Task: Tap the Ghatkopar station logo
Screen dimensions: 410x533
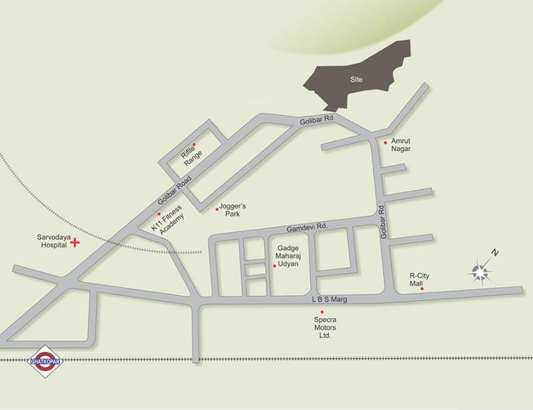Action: (45, 362)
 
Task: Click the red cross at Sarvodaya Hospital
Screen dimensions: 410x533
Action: (75, 243)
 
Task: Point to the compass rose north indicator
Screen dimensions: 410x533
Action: (480, 273)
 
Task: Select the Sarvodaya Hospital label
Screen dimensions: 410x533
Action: (52, 241)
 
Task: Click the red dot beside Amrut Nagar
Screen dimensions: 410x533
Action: (385, 143)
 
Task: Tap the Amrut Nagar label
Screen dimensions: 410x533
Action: (401, 145)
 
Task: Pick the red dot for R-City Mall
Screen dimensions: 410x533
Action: (422, 289)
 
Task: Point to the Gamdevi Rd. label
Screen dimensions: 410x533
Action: (307, 226)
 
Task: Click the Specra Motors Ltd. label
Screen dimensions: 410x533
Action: (325, 327)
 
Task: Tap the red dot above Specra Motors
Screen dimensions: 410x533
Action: (322, 312)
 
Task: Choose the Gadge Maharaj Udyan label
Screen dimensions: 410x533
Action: (288, 256)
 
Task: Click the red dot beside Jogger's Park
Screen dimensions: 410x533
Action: (217, 210)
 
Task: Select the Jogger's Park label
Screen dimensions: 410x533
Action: (232, 210)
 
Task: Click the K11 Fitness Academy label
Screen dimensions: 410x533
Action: (168, 220)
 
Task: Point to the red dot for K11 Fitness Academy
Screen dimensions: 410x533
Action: (159, 214)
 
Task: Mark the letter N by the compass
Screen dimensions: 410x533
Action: (495, 253)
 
